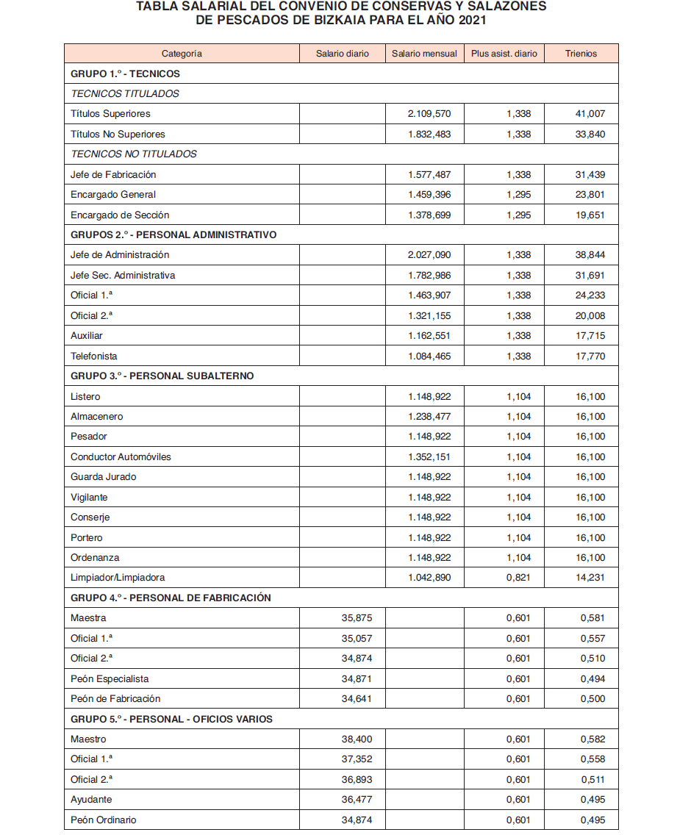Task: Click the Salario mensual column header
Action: (x=424, y=54)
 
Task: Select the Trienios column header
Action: (x=581, y=54)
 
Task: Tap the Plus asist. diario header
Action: (x=504, y=54)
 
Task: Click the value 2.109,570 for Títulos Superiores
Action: (x=429, y=114)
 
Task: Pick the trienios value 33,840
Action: (x=592, y=135)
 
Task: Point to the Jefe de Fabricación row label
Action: (x=113, y=175)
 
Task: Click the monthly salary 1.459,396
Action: (x=429, y=195)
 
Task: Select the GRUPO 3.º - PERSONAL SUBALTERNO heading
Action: (x=162, y=376)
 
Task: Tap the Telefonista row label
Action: (x=94, y=356)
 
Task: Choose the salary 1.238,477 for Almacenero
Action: (x=429, y=417)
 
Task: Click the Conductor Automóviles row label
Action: (x=121, y=457)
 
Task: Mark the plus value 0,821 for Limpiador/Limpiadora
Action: (x=518, y=578)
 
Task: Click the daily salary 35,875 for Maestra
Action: (x=357, y=618)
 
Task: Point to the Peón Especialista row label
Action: (x=110, y=679)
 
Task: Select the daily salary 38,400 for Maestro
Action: (x=357, y=739)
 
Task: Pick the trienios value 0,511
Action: (x=592, y=780)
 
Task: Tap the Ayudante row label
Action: (x=91, y=800)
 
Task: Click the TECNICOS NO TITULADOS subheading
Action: (x=134, y=154)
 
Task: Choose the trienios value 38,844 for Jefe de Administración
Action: (x=592, y=255)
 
